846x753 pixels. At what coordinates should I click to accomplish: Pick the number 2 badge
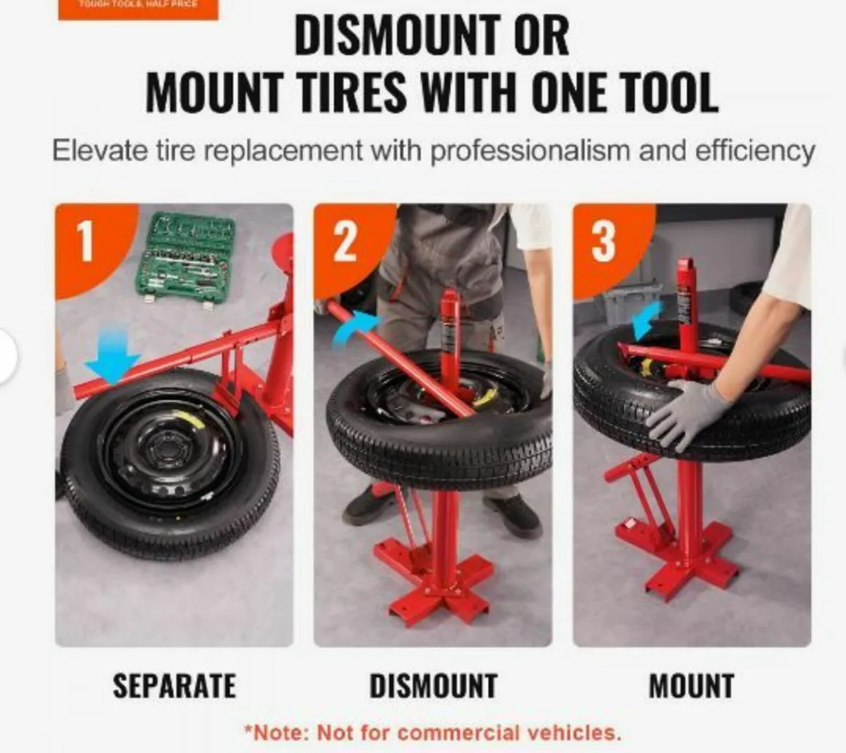[x=345, y=242]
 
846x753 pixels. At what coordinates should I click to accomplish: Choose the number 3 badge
[x=603, y=242]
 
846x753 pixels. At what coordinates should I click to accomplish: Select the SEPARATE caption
[x=174, y=686]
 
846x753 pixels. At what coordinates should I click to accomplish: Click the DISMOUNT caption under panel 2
[x=434, y=686]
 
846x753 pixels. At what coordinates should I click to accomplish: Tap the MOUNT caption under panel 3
[x=692, y=686]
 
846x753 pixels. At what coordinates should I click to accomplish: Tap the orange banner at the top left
[x=138, y=9]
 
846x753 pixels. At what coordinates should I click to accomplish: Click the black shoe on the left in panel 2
[x=367, y=502]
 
